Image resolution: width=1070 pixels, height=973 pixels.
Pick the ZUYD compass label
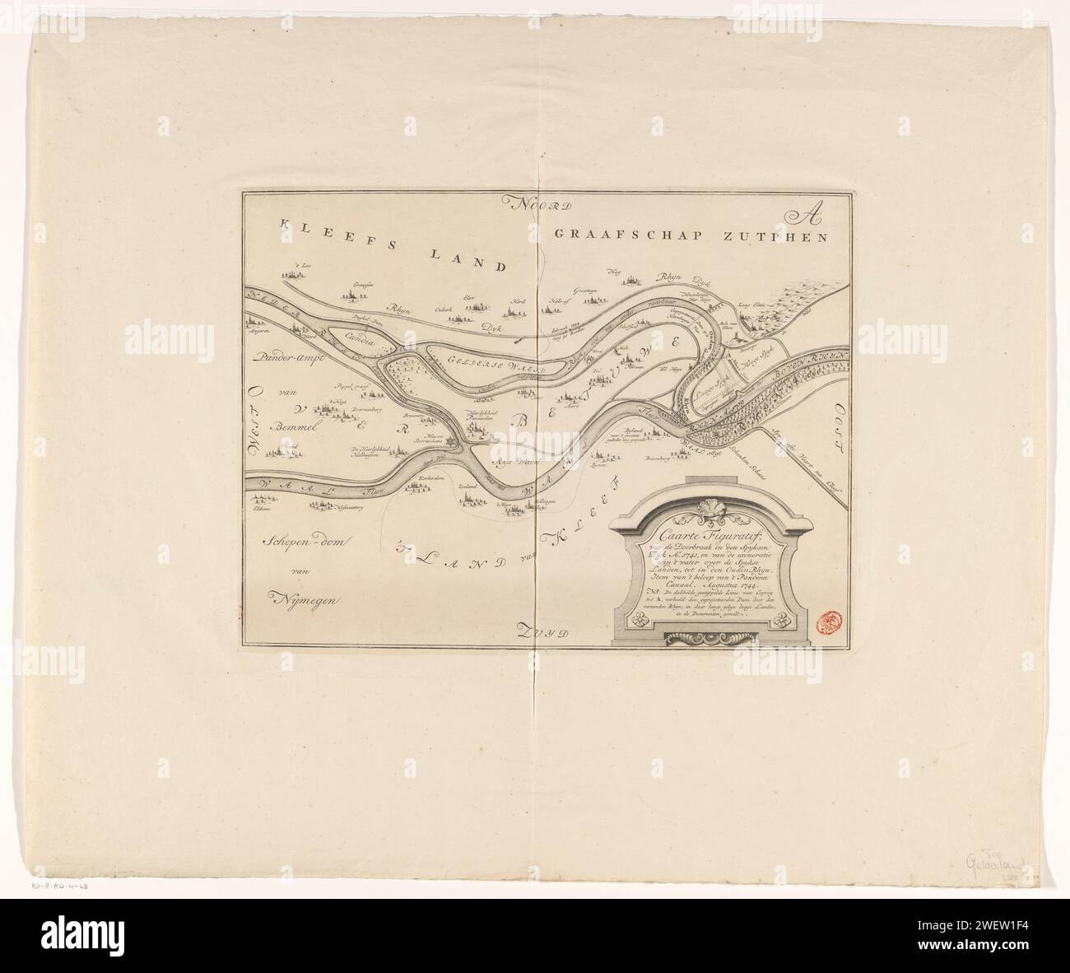[543, 631]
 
